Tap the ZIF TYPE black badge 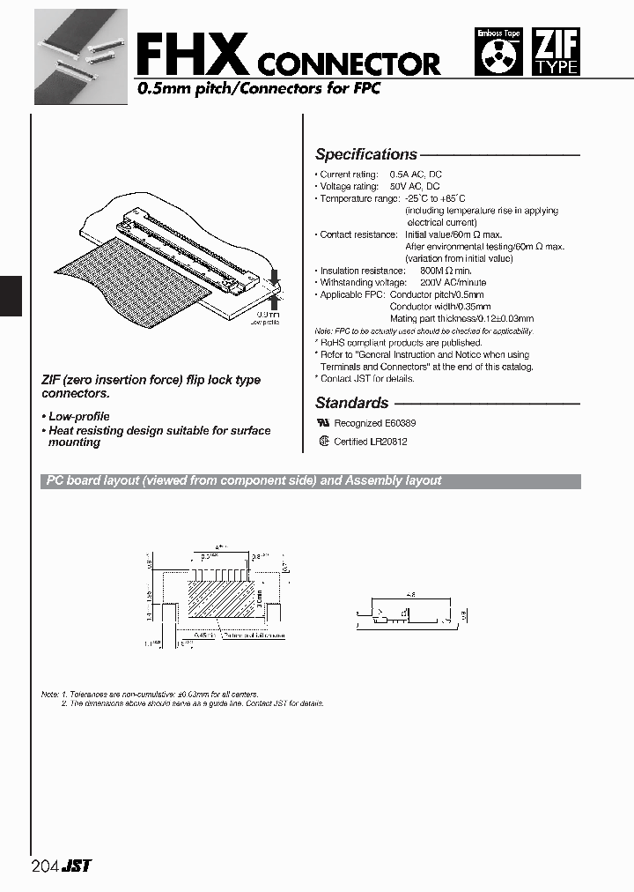(557, 52)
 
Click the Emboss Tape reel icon (498, 54)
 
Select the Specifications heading (365, 154)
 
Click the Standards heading (351, 403)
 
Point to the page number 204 (44, 866)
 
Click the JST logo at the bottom (77, 866)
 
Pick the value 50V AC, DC (415, 187)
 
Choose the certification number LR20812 (388, 442)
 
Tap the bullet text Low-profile (77, 416)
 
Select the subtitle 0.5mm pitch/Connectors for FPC (258, 89)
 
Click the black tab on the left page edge (11, 295)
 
